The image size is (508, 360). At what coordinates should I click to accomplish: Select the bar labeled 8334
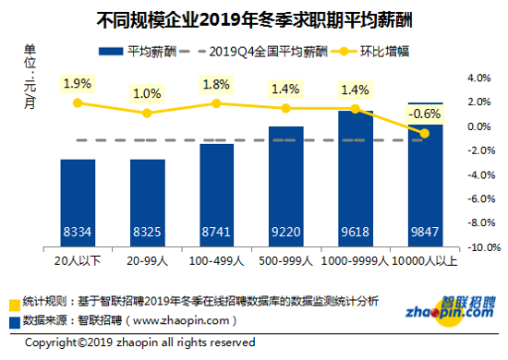(78, 203)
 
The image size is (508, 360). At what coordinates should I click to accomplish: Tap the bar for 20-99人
(147, 203)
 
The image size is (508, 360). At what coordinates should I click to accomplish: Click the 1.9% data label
(77, 84)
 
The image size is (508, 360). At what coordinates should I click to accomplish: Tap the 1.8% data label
(215, 84)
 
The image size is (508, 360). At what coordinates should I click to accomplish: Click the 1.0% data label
(146, 93)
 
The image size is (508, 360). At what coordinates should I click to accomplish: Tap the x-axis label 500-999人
(285, 262)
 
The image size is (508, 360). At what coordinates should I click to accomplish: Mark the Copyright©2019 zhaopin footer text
(139, 342)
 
